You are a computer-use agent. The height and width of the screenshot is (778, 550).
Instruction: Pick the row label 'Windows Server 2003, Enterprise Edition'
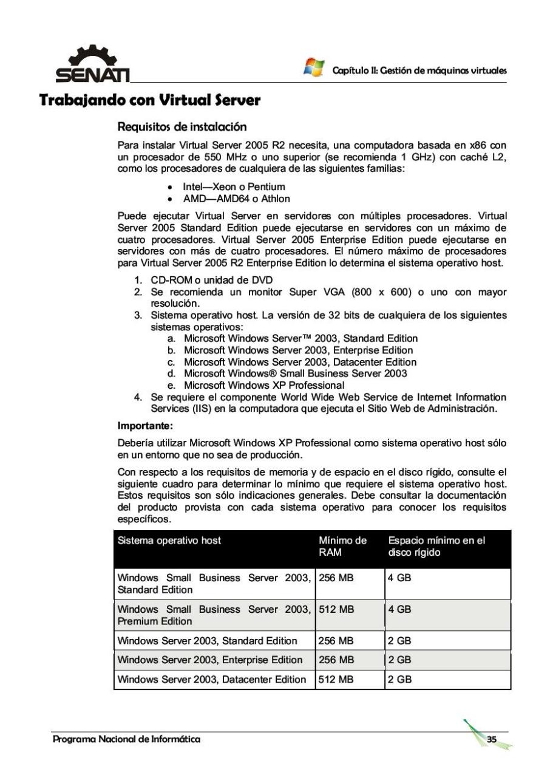210,660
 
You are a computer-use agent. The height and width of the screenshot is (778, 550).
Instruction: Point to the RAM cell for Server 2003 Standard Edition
336,641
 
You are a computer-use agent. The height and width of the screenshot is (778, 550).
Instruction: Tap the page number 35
492,740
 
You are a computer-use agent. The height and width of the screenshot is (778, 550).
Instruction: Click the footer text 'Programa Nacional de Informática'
126,739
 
